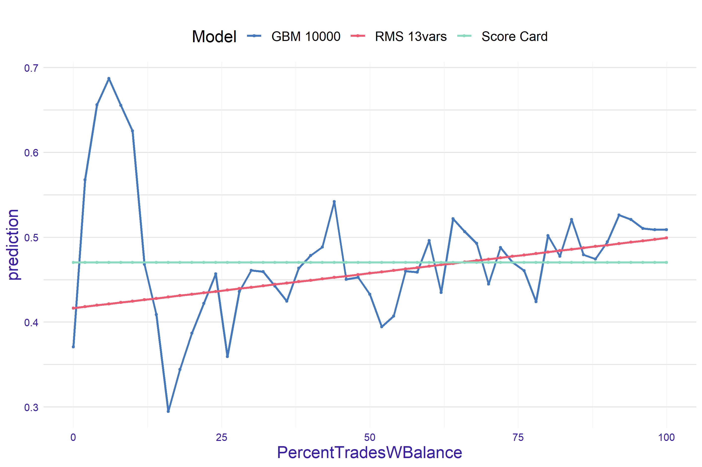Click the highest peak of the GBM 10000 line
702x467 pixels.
pos(109,79)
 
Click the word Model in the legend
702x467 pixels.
pos(214,37)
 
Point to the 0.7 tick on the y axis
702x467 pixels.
pos(31,68)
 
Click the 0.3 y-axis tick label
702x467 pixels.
pos(31,407)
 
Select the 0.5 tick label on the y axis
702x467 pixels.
pos(31,238)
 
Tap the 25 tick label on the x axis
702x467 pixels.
pos(221,437)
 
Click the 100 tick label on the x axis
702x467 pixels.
pos(666,437)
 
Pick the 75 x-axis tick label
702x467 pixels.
pos(518,437)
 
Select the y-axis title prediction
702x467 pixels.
pos(13,245)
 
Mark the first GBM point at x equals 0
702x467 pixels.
pos(73,347)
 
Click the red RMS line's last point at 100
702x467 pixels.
pos(666,238)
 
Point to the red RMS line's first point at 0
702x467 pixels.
pos(73,308)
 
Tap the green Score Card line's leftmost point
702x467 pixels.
pos(73,262)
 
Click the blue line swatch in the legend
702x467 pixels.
pos(254,36)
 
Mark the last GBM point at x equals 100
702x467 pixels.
pos(666,230)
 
